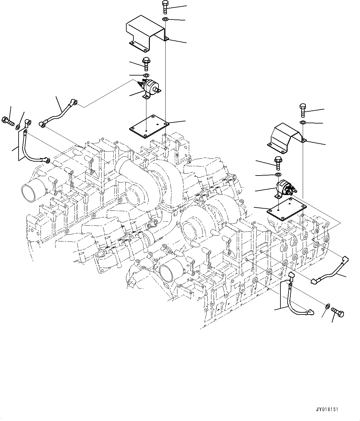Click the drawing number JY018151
pyautogui.click(x=327, y=409)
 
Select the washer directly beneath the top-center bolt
pyautogui.click(x=165, y=20)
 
